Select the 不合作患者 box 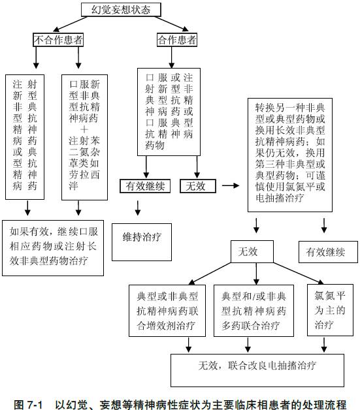58,40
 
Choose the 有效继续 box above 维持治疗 145,186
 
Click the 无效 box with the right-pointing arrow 196,186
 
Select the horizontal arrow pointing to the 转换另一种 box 231,186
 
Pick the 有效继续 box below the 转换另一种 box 323,251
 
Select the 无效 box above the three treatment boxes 249,251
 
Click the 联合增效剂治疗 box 168,309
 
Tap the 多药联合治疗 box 257,309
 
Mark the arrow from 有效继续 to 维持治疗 138,208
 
